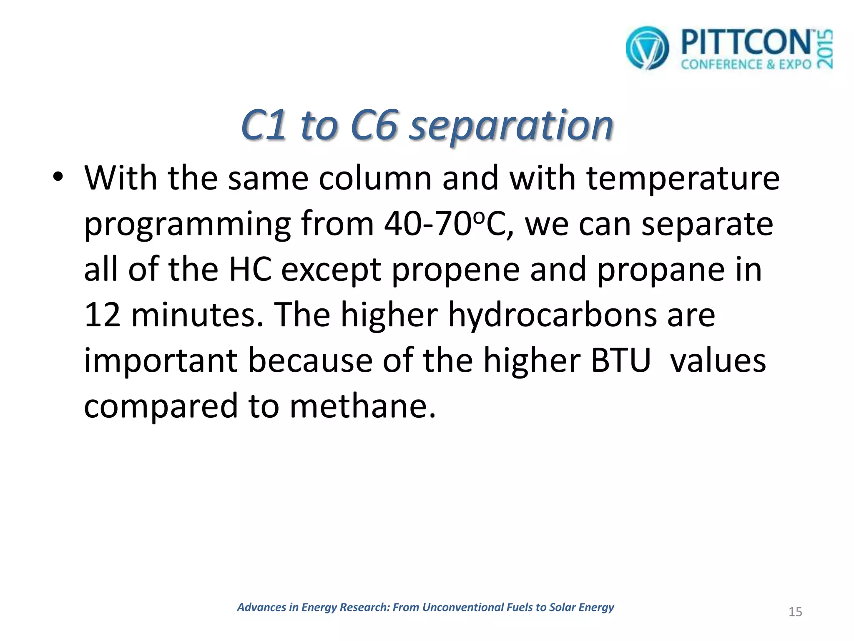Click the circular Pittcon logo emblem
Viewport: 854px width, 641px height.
[x=647, y=48]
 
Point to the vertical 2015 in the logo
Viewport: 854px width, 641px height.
[x=824, y=49]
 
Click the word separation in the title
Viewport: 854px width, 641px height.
[x=511, y=125]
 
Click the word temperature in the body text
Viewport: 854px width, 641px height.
[x=683, y=179]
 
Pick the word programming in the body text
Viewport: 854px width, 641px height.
[x=187, y=225]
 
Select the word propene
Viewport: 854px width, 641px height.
[x=455, y=270]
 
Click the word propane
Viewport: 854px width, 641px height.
[x=661, y=270]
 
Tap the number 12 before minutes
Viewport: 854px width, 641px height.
[x=102, y=315]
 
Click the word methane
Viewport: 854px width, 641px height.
[x=362, y=406]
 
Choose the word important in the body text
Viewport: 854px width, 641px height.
[x=161, y=361]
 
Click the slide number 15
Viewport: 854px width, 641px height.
[x=795, y=612]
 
